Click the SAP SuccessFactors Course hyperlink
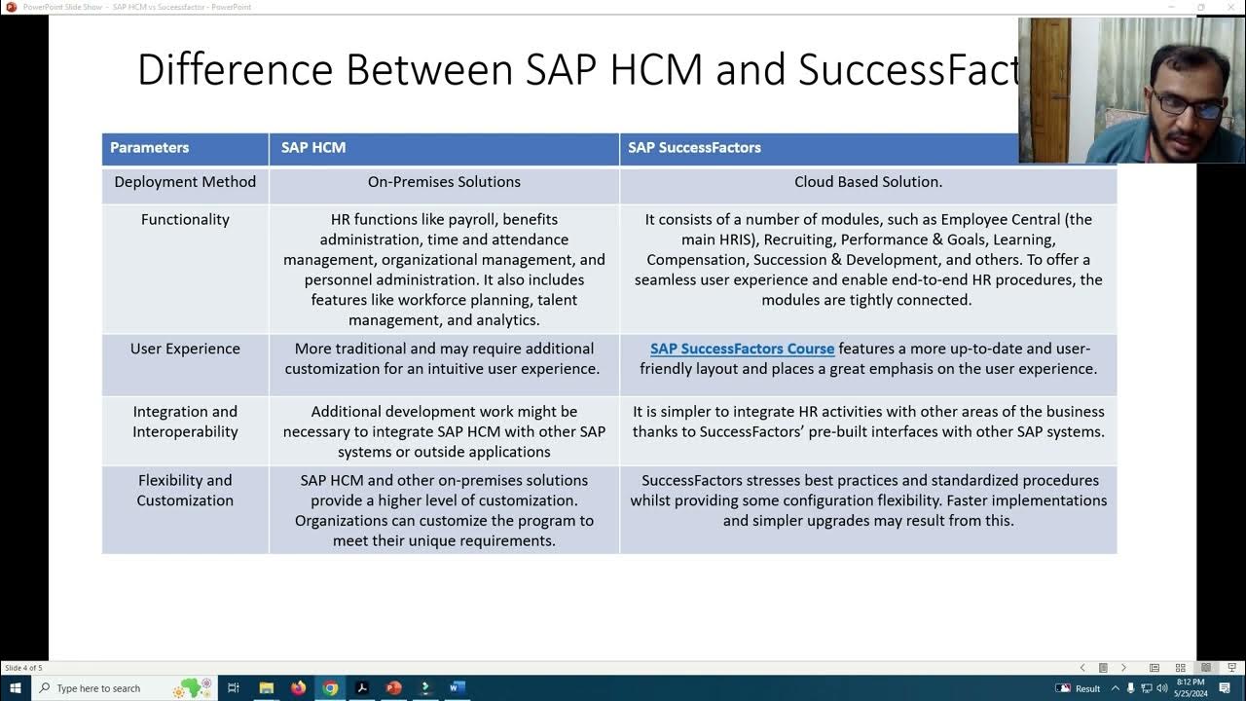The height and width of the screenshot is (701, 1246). click(742, 349)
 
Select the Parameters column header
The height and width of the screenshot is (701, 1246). click(149, 148)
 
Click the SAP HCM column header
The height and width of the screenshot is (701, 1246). click(313, 148)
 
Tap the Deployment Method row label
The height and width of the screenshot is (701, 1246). click(185, 182)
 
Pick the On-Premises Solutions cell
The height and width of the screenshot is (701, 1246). click(444, 182)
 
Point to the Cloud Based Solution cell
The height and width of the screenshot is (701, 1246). click(867, 182)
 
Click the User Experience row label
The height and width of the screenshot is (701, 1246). click(185, 349)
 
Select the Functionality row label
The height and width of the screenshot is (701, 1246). click(185, 220)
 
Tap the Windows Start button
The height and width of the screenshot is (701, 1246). click(15, 688)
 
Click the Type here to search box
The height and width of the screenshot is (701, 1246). click(107, 688)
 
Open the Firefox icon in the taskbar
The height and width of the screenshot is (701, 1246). click(298, 688)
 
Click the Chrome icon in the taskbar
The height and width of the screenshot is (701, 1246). click(330, 688)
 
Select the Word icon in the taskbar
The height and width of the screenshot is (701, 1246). click(457, 688)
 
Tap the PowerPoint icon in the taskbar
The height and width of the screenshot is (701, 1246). click(393, 688)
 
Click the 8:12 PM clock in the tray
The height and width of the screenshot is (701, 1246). click(1191, 683)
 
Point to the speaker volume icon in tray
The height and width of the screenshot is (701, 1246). click(1162, 688)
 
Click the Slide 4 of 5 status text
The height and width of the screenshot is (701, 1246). click(23, 668)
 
